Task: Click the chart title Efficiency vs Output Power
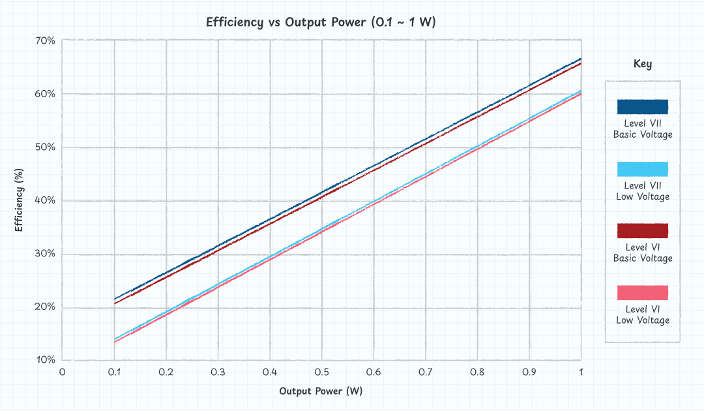(x=321, y=22)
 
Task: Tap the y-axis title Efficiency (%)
(x=19, y=200)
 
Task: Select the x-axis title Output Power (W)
(x=321, y=391)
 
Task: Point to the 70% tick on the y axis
(x=46, y=40)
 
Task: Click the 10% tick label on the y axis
(x=46, y=360)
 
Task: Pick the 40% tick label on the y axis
(x=46, y=200)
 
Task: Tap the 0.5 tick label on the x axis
(x=321, y=372)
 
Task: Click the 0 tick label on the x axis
(x=63, y=372)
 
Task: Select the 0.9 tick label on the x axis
(x=529, y=372)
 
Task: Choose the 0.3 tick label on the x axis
(x=218, y=372)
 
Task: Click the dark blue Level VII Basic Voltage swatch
(x=642, y=107)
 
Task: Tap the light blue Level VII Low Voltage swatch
(x=642, y=169)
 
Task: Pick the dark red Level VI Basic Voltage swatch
(x=642, y=231)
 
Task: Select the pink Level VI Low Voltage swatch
(x=642, y=293)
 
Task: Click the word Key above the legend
(x=642, y=64)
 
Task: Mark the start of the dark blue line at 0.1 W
(x=115, y=299)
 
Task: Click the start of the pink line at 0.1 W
(x=115, y=342)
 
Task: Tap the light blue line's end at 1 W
(x=580, y=91)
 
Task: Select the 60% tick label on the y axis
(x=46, y=94)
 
